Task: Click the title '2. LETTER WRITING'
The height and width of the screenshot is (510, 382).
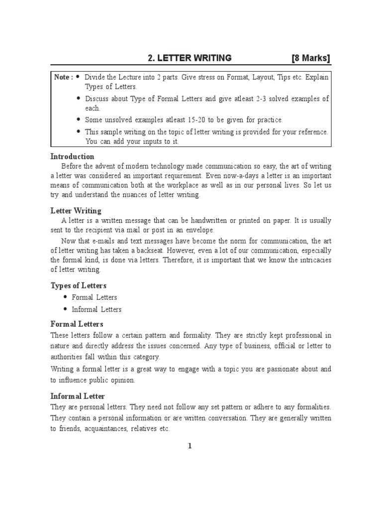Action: coord(190,58)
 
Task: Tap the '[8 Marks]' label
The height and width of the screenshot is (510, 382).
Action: coord(310,58)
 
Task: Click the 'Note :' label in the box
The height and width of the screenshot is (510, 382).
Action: coord(63,77)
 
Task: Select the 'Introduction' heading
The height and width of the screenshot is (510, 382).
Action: coord(73,156)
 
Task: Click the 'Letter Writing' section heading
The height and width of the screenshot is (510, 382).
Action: coord(76,211)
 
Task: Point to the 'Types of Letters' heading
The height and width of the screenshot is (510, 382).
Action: coord(79,285)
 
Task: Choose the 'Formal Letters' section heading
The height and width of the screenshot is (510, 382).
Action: coord(77,324)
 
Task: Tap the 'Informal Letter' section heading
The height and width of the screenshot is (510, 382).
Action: coord(78,396)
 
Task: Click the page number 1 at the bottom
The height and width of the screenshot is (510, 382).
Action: coord(190,446)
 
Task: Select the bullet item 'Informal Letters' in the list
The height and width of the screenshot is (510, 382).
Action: coord(96,309)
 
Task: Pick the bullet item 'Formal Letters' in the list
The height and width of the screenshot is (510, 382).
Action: coord(95,297)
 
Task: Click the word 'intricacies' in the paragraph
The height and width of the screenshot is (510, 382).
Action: coord(312,260)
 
